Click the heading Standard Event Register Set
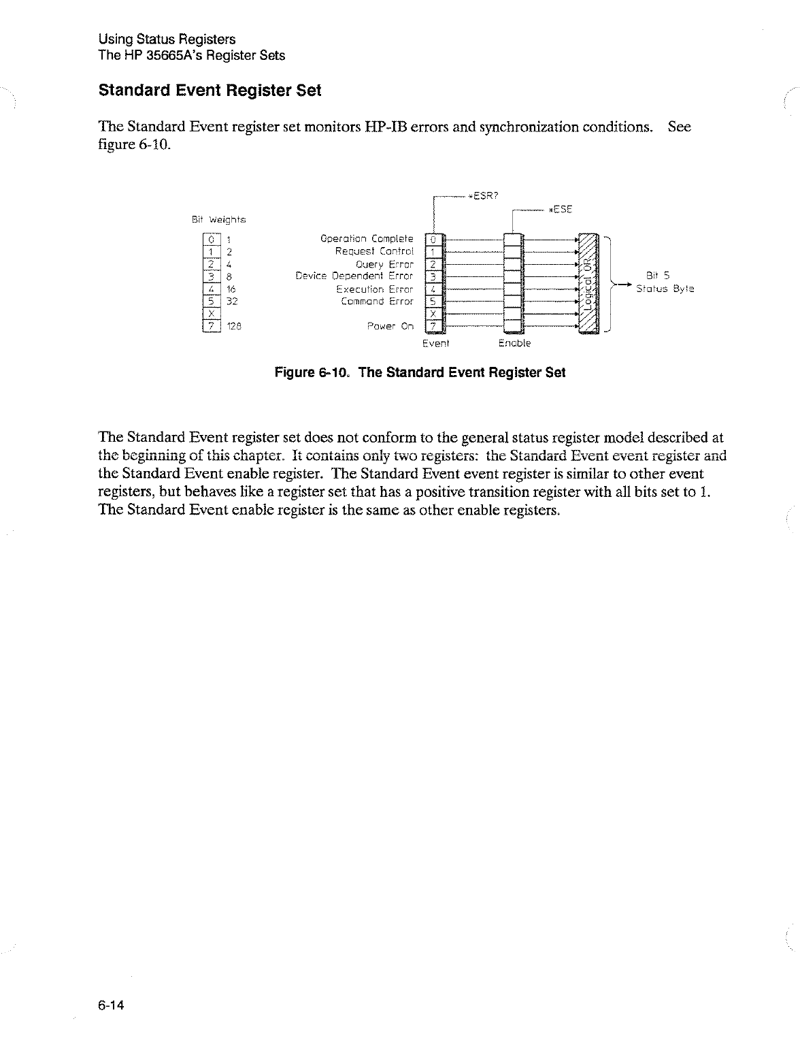(210, 91)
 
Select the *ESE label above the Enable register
(561, 209)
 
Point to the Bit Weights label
(218, 220)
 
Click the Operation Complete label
(367, 239)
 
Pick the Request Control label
(374, 251)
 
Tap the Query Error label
(384, 264)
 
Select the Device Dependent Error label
(354, 276)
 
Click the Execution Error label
(375, 289)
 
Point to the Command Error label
(377, 301)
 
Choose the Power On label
(390, 326)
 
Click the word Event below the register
(435, 343)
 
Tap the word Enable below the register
(514, 343)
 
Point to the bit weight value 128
(235, 326)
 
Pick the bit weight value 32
(232, 301)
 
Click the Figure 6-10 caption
(420, 373)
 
